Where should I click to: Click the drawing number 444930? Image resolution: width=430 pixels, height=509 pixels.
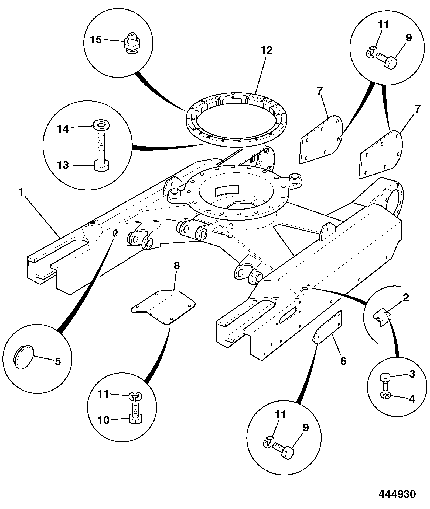(x=397, y=494)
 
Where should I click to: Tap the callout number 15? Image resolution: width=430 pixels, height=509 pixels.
(x=96, y=40)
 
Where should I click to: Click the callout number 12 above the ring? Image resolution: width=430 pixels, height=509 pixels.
(x=267, y=50)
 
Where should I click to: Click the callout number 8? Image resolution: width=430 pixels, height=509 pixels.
(x=176, y=266)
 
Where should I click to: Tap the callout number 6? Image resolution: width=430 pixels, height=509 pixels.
(x=343, y=361)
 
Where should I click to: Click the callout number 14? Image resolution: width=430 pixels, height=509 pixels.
(x=63, y=129)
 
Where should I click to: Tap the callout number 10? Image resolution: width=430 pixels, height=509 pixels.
(x=103, y=420)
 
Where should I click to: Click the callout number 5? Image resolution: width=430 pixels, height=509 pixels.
(x=58, y=361)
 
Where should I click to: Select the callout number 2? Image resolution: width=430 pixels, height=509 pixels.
(x=406, y=298)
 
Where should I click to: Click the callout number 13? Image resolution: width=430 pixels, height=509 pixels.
(x=63, y=165)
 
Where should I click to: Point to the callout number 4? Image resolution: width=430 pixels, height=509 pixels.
(x=412, y=399)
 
